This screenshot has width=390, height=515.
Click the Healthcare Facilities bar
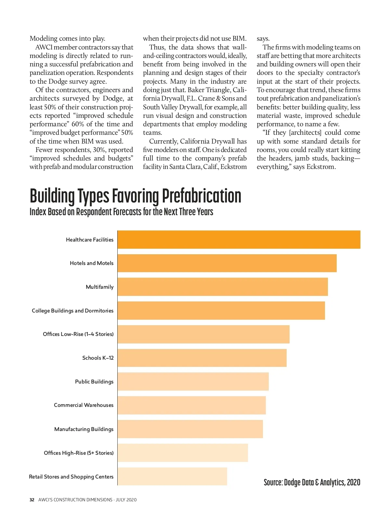point(239,240)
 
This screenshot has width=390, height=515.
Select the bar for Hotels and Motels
point(227,263)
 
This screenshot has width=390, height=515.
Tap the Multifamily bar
point(223,287)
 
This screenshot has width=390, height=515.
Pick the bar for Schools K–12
point(202,358)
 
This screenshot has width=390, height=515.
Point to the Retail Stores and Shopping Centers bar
point(172,477)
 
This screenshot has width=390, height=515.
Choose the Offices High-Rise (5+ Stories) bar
point(183,453)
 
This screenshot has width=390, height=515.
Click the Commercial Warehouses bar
point(191,405)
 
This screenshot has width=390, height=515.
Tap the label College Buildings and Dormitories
point(72,311)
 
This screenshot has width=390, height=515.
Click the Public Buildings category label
point(94,382)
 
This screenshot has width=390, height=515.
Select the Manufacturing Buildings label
point(84,429)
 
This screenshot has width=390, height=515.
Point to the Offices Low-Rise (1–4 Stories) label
point(78,334)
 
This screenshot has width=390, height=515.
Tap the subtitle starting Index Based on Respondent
point(121,212)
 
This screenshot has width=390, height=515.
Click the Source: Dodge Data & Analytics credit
point(312,482)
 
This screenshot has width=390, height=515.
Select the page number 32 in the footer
point(32,500)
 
